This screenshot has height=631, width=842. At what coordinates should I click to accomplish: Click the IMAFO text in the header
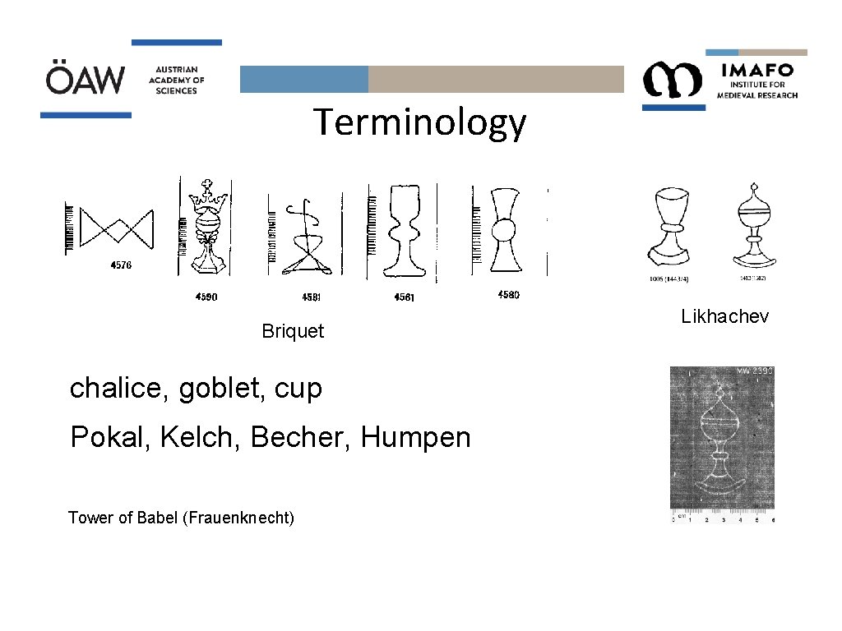point(756,69)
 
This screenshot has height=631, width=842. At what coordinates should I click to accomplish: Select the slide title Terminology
point(419,123)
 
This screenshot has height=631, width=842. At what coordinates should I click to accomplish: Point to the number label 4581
point(311,297)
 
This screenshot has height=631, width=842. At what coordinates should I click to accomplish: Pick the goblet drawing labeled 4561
point(401,232)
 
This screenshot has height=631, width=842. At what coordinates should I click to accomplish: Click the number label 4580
point(508,294)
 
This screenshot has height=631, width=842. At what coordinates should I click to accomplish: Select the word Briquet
point(293,331)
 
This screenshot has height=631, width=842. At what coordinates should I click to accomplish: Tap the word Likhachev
point(724,316)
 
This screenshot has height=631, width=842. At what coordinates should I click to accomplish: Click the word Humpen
point(415,437)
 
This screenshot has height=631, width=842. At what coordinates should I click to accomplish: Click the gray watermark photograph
point(722,444)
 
